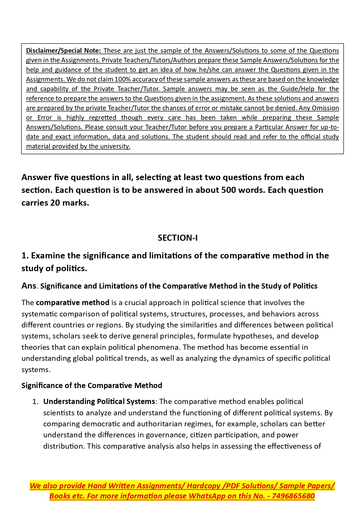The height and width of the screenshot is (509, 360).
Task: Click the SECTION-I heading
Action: tap(178, 238)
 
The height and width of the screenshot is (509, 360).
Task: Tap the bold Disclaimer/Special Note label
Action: tap(63, 50)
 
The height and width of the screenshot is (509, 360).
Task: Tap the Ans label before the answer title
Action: tap(29, 286)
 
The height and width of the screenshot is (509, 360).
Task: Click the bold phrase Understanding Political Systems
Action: tap(99, 401)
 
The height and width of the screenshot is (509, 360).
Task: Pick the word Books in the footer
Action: tap(59, 496)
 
